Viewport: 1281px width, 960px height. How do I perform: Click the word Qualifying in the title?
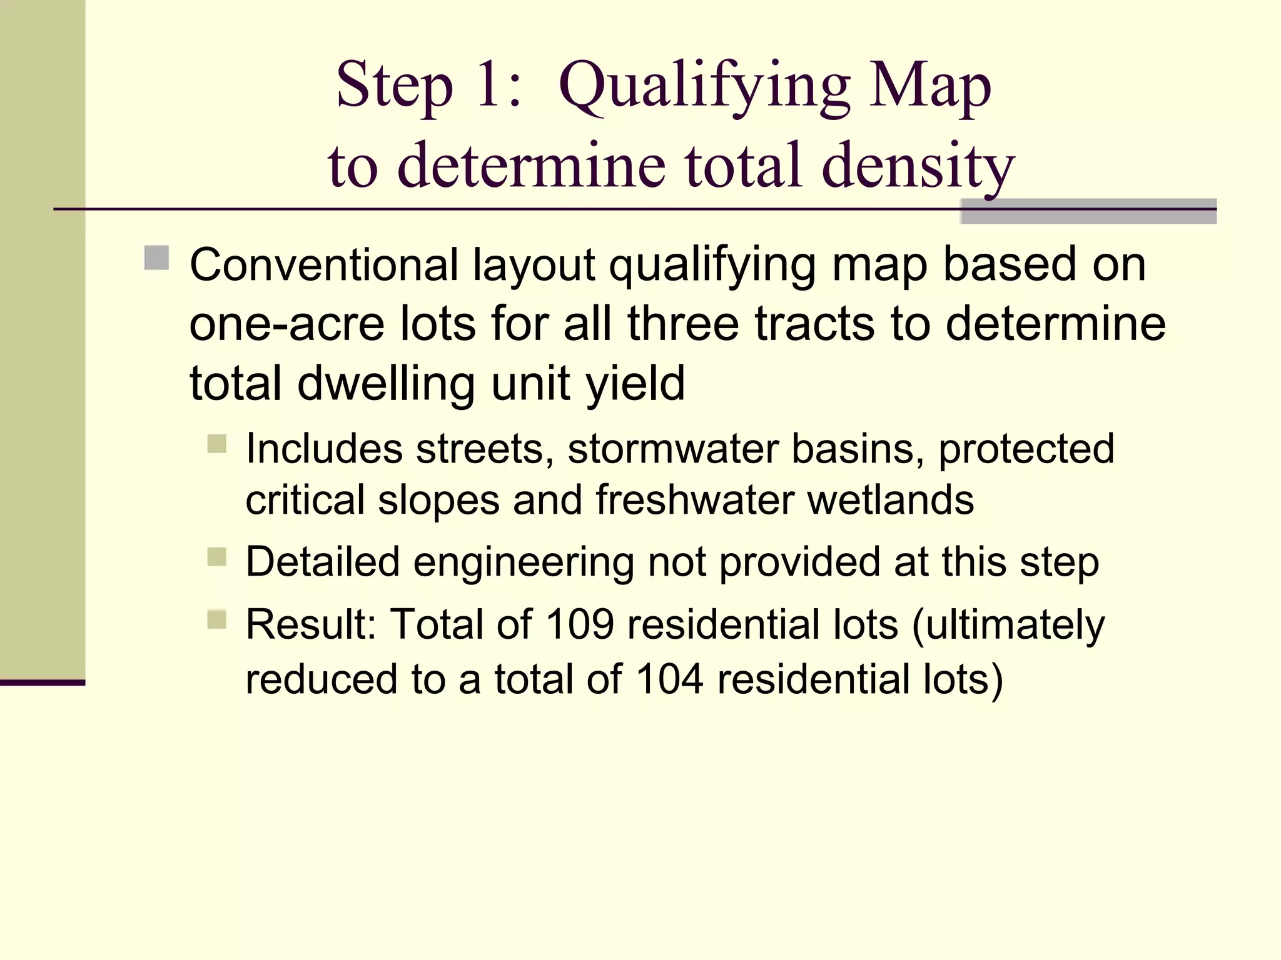click(704, 87)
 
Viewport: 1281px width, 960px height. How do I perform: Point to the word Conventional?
click(324, 265)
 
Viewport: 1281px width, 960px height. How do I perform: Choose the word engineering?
click(524, 562)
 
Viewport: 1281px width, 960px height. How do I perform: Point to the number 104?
click(669, 679)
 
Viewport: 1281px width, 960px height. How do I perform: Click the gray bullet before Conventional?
click(156, 257)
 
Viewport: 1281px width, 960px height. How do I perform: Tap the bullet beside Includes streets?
click(216, 444)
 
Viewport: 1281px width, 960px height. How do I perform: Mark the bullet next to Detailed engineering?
click(216, 556)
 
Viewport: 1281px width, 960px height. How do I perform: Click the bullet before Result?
click(216, 619)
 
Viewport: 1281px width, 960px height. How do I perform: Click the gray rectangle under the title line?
click(1088, 211)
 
